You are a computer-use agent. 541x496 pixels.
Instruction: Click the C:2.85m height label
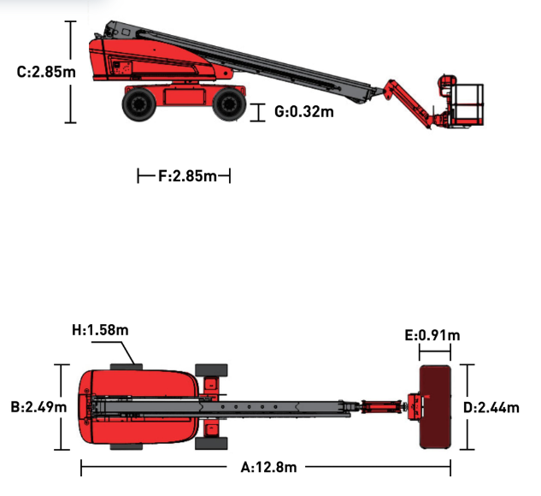click(x=46, y=72)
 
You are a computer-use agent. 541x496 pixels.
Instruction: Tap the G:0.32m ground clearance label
click(x=304, y=112)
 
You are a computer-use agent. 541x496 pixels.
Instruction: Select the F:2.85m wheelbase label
click(x=187, y=176)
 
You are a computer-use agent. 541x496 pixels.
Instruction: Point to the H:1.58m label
click(x=100, y=330)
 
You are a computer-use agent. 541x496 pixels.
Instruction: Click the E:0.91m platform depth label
click(x=432, y=335)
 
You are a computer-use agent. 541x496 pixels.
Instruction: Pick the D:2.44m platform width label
click(x=491, y=408)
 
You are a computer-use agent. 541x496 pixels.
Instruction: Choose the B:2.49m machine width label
click(x=38, y=407)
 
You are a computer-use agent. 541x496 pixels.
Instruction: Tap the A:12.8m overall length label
click(x=268, y=467)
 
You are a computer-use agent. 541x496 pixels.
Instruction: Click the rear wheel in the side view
click(x=139, y=104)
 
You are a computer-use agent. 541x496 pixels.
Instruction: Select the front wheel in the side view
click(x=229, y=104)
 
